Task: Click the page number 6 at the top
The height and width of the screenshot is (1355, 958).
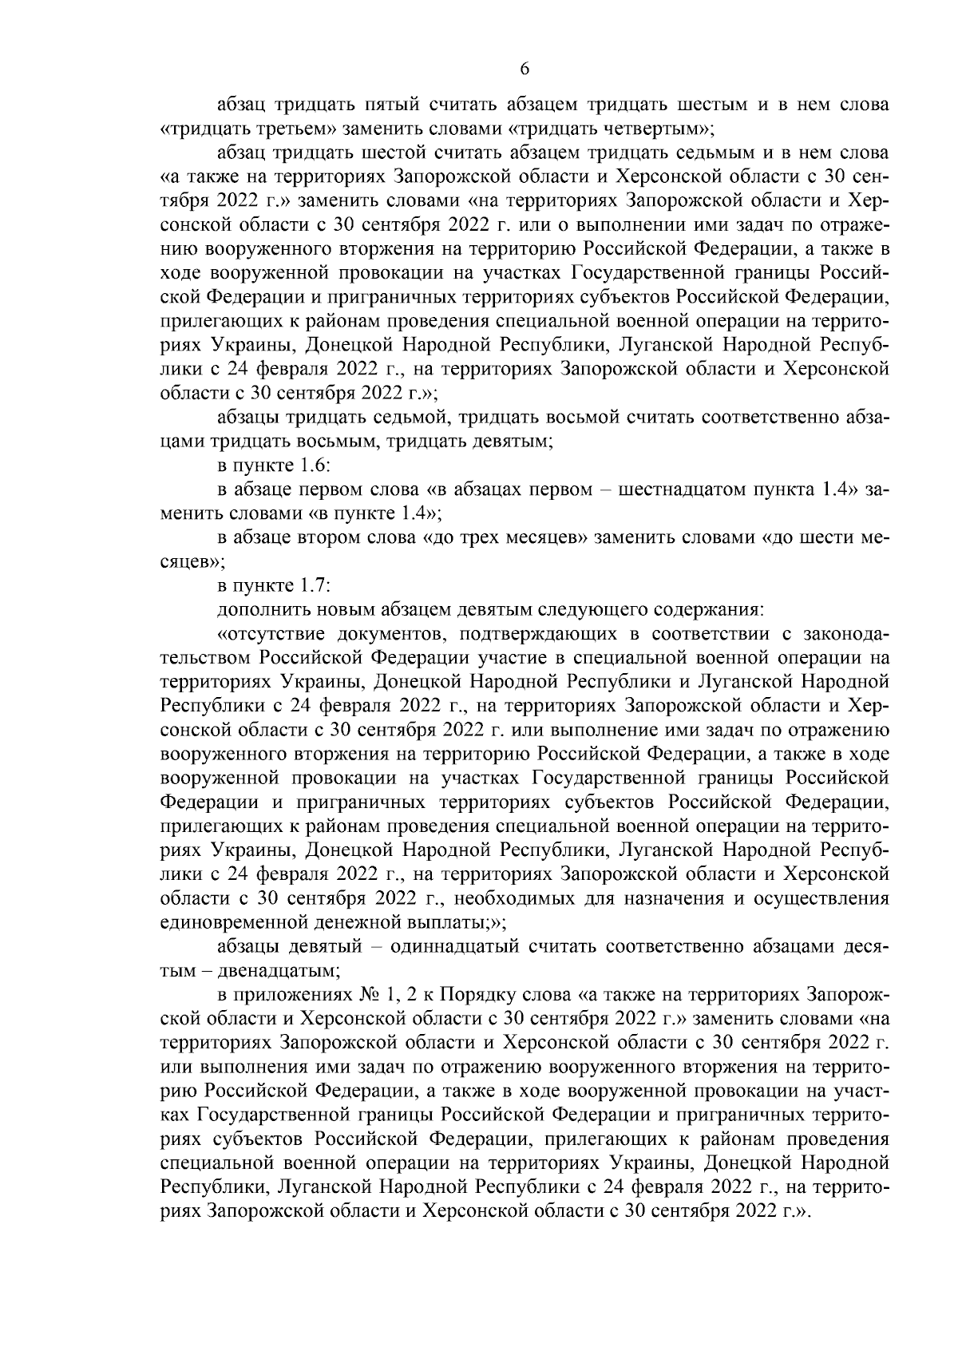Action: point(525,69)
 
